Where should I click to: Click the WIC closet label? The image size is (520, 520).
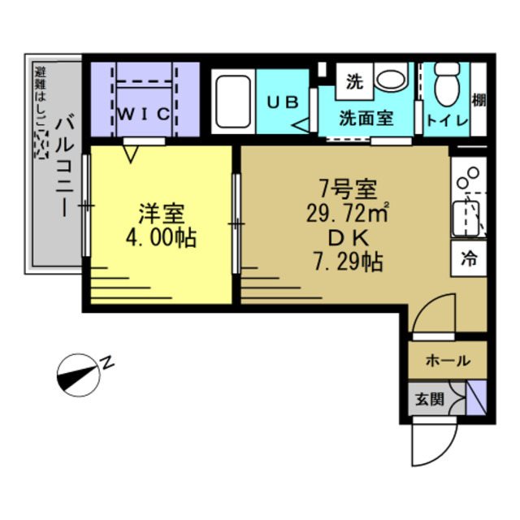146,113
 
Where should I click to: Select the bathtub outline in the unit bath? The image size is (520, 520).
233,102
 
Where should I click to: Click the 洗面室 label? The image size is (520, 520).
366,118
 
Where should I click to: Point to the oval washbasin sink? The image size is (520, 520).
391,80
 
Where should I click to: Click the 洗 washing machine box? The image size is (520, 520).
354,81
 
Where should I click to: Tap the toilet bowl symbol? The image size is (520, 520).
446,84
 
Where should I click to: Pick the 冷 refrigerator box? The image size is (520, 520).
469,260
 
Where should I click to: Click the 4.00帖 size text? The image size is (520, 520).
162,240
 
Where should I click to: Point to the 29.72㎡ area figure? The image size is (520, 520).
345,215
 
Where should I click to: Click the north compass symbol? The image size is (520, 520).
80,373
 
